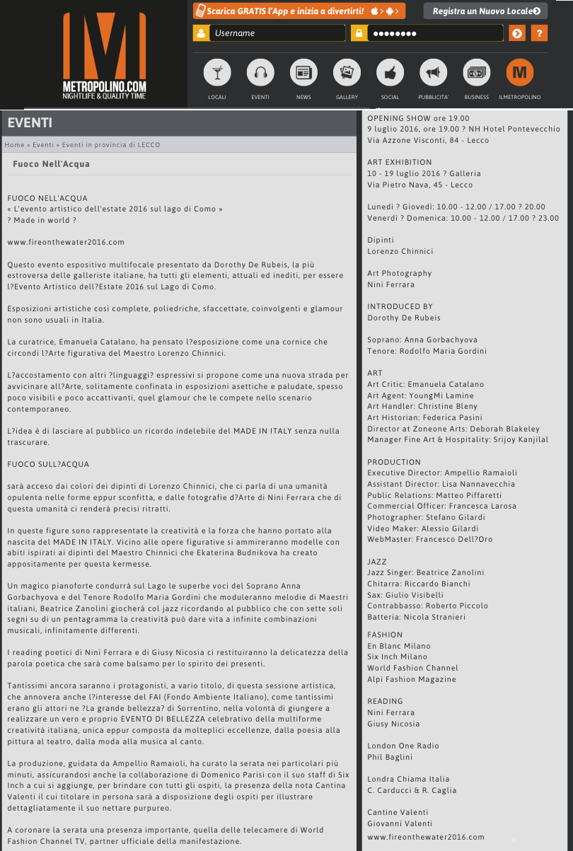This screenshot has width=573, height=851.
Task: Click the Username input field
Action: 277,33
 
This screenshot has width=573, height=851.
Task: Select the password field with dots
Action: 434,33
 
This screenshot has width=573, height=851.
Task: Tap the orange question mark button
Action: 539,33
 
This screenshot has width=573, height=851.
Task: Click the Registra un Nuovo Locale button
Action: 485,11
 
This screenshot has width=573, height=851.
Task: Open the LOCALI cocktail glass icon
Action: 217,73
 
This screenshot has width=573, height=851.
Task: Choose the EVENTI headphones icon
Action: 260,73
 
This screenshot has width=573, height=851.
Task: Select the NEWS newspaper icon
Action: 303,73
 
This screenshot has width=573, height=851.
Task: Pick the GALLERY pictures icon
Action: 347,73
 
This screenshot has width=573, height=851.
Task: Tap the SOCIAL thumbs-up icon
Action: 390,73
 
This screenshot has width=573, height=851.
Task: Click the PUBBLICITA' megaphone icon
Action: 434,73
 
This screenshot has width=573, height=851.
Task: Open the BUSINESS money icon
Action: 477,73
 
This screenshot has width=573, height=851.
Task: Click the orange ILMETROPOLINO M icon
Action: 520,73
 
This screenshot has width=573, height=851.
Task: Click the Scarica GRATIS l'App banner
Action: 299,11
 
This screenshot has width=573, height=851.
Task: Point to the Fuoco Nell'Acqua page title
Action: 51,164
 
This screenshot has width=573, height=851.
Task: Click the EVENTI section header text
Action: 30,123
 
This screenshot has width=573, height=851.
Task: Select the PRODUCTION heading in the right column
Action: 394,462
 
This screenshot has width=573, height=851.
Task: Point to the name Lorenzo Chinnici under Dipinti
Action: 400,251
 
